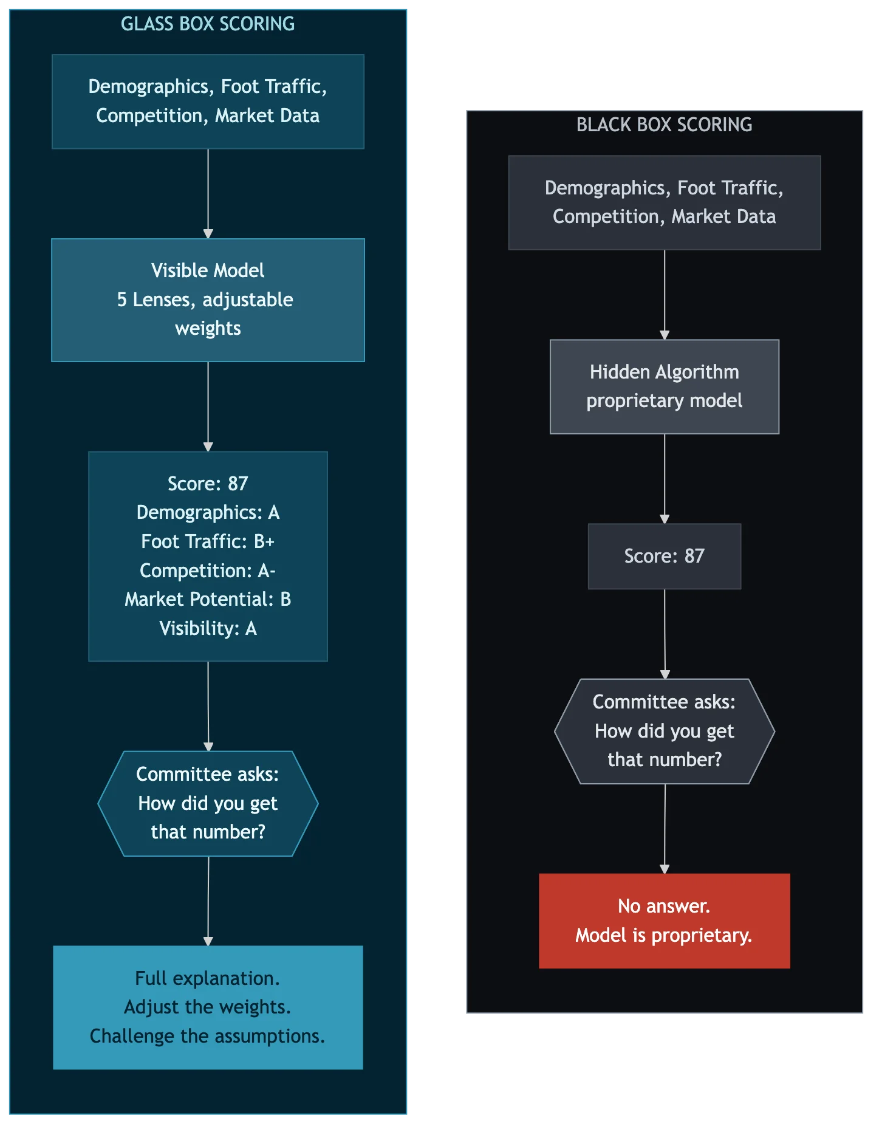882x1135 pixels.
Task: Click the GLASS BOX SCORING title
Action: [x=208, y=24]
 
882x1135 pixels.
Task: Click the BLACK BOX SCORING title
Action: [x=664, y=125]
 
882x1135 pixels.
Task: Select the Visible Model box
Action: [x=208, y=300]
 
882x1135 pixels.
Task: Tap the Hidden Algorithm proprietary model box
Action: [x=664, y=386]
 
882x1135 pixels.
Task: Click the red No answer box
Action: [x=664, y=921]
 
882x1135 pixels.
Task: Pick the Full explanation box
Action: [x=208, y=1007]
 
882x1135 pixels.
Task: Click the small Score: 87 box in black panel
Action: [x=664, y=556]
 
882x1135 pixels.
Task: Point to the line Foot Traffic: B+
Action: [x=208, y=541]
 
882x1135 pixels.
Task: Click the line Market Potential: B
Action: [x=208, y=599]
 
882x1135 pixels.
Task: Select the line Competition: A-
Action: [x=208, y=571]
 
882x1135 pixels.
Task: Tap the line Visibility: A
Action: [x=208, y=628]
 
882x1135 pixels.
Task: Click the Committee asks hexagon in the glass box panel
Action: [x=208, y=803]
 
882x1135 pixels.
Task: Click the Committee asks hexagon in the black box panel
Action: [x=664, y=731]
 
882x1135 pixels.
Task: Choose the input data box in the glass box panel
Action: [x=208, y=101]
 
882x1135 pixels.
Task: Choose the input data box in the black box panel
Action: [x=664, y=202]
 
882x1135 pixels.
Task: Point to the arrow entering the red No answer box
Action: [x=665, y=829]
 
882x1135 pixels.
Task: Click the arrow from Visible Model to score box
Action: [x=208, y=406]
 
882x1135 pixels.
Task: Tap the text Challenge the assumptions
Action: [x=208, y=1036]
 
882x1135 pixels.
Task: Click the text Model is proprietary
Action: [x=664, y=935]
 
